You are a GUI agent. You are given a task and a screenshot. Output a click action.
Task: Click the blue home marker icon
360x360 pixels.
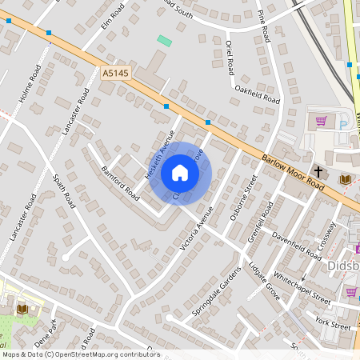pyautogui.click(x=180, y=173)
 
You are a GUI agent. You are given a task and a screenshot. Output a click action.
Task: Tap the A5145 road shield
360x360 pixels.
pyautogui.click(x=114, y=72)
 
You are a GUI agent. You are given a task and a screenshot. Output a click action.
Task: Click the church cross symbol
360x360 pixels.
pyautogui.click(x=318, y=171)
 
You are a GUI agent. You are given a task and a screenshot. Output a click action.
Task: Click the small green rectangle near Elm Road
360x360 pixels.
pyautogui.click(x=165, y=40)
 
